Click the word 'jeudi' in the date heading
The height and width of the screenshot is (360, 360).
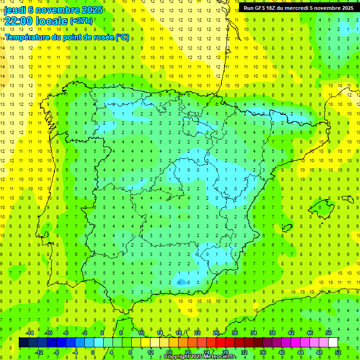(15, 9)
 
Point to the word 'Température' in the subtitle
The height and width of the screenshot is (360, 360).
(28, 37)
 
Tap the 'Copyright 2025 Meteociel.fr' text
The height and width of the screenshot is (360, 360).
(200, 357)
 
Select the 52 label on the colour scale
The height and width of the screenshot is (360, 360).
(337, 352)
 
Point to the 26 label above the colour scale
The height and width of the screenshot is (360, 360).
(216, 333)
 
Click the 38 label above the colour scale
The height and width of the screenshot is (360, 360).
(272, 333)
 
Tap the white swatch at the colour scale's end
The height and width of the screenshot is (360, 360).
(333, 342)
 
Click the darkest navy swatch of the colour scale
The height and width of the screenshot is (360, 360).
(23, 342)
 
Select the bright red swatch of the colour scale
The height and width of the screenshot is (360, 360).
(220, 342)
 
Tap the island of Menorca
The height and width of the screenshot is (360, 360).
(347, 199)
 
